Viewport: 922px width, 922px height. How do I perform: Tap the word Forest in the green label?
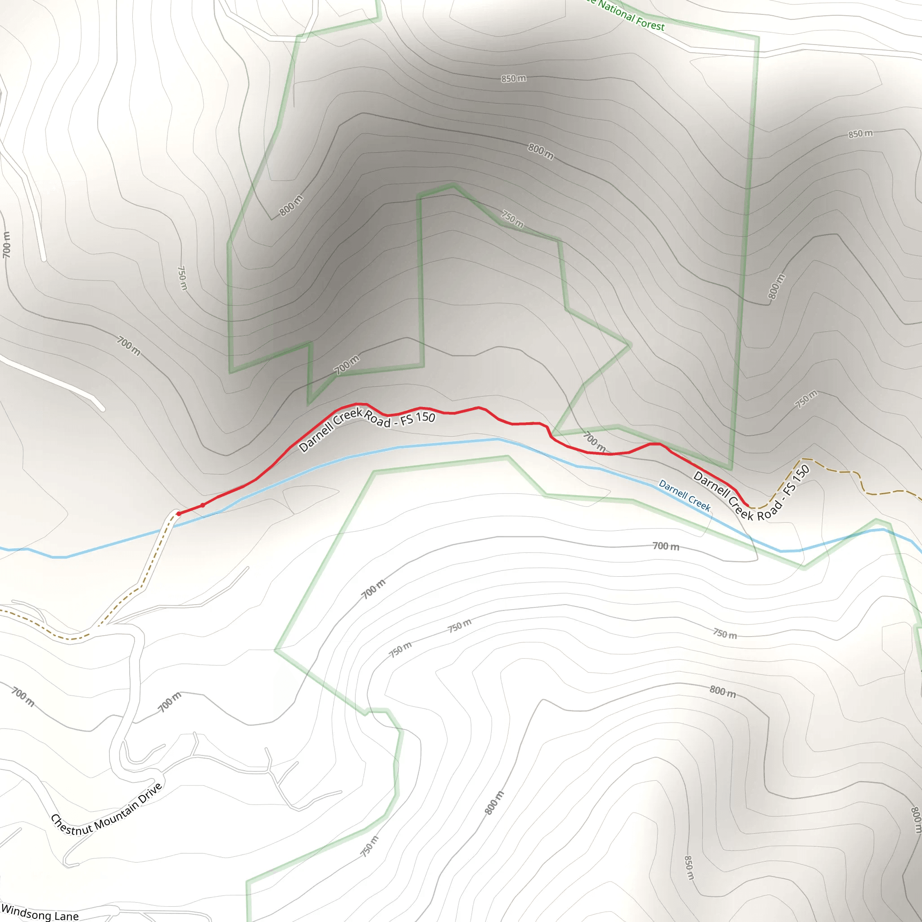point(651,23)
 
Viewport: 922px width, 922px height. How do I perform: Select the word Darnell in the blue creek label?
point(673,490)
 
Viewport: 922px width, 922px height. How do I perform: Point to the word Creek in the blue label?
point(700,503)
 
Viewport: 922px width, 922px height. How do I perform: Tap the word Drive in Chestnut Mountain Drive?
point(150,793)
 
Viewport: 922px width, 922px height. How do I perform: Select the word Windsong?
point(26,912)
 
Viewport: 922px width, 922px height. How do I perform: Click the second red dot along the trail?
point(203,505)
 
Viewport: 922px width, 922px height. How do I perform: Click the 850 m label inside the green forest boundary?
point(514,78)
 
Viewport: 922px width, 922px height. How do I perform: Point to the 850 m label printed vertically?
point(689,868)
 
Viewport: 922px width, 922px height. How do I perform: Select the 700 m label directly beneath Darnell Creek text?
point(666,546)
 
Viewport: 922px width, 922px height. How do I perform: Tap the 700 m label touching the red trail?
point(595,442)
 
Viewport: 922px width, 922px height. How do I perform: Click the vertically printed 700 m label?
point(7,245)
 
